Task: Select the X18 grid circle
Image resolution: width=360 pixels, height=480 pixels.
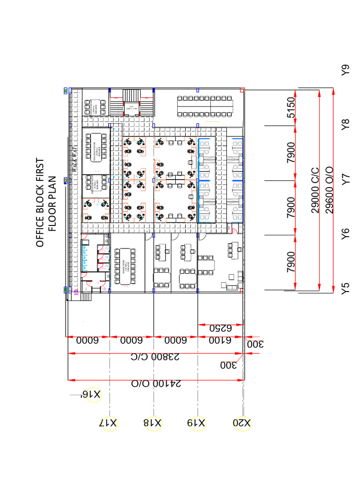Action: click(x=153, y=422)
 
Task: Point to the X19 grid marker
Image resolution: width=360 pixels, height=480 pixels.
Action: click(x=196, y=422)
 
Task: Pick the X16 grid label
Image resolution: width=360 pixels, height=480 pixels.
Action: click(x=91, y=395)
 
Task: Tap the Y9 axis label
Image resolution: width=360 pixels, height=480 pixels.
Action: click(x=346, y=70)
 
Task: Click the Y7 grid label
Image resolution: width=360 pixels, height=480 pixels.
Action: click(x=346, y=179)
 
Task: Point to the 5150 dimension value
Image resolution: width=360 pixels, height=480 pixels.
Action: click(x=291, y=108)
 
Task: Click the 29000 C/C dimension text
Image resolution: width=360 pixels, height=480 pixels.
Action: click(x=315, y=189)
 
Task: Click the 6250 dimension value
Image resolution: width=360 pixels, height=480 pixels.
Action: click(x=220, y=328)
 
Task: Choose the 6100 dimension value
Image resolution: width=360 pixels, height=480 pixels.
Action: click(x=220, y=341)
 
